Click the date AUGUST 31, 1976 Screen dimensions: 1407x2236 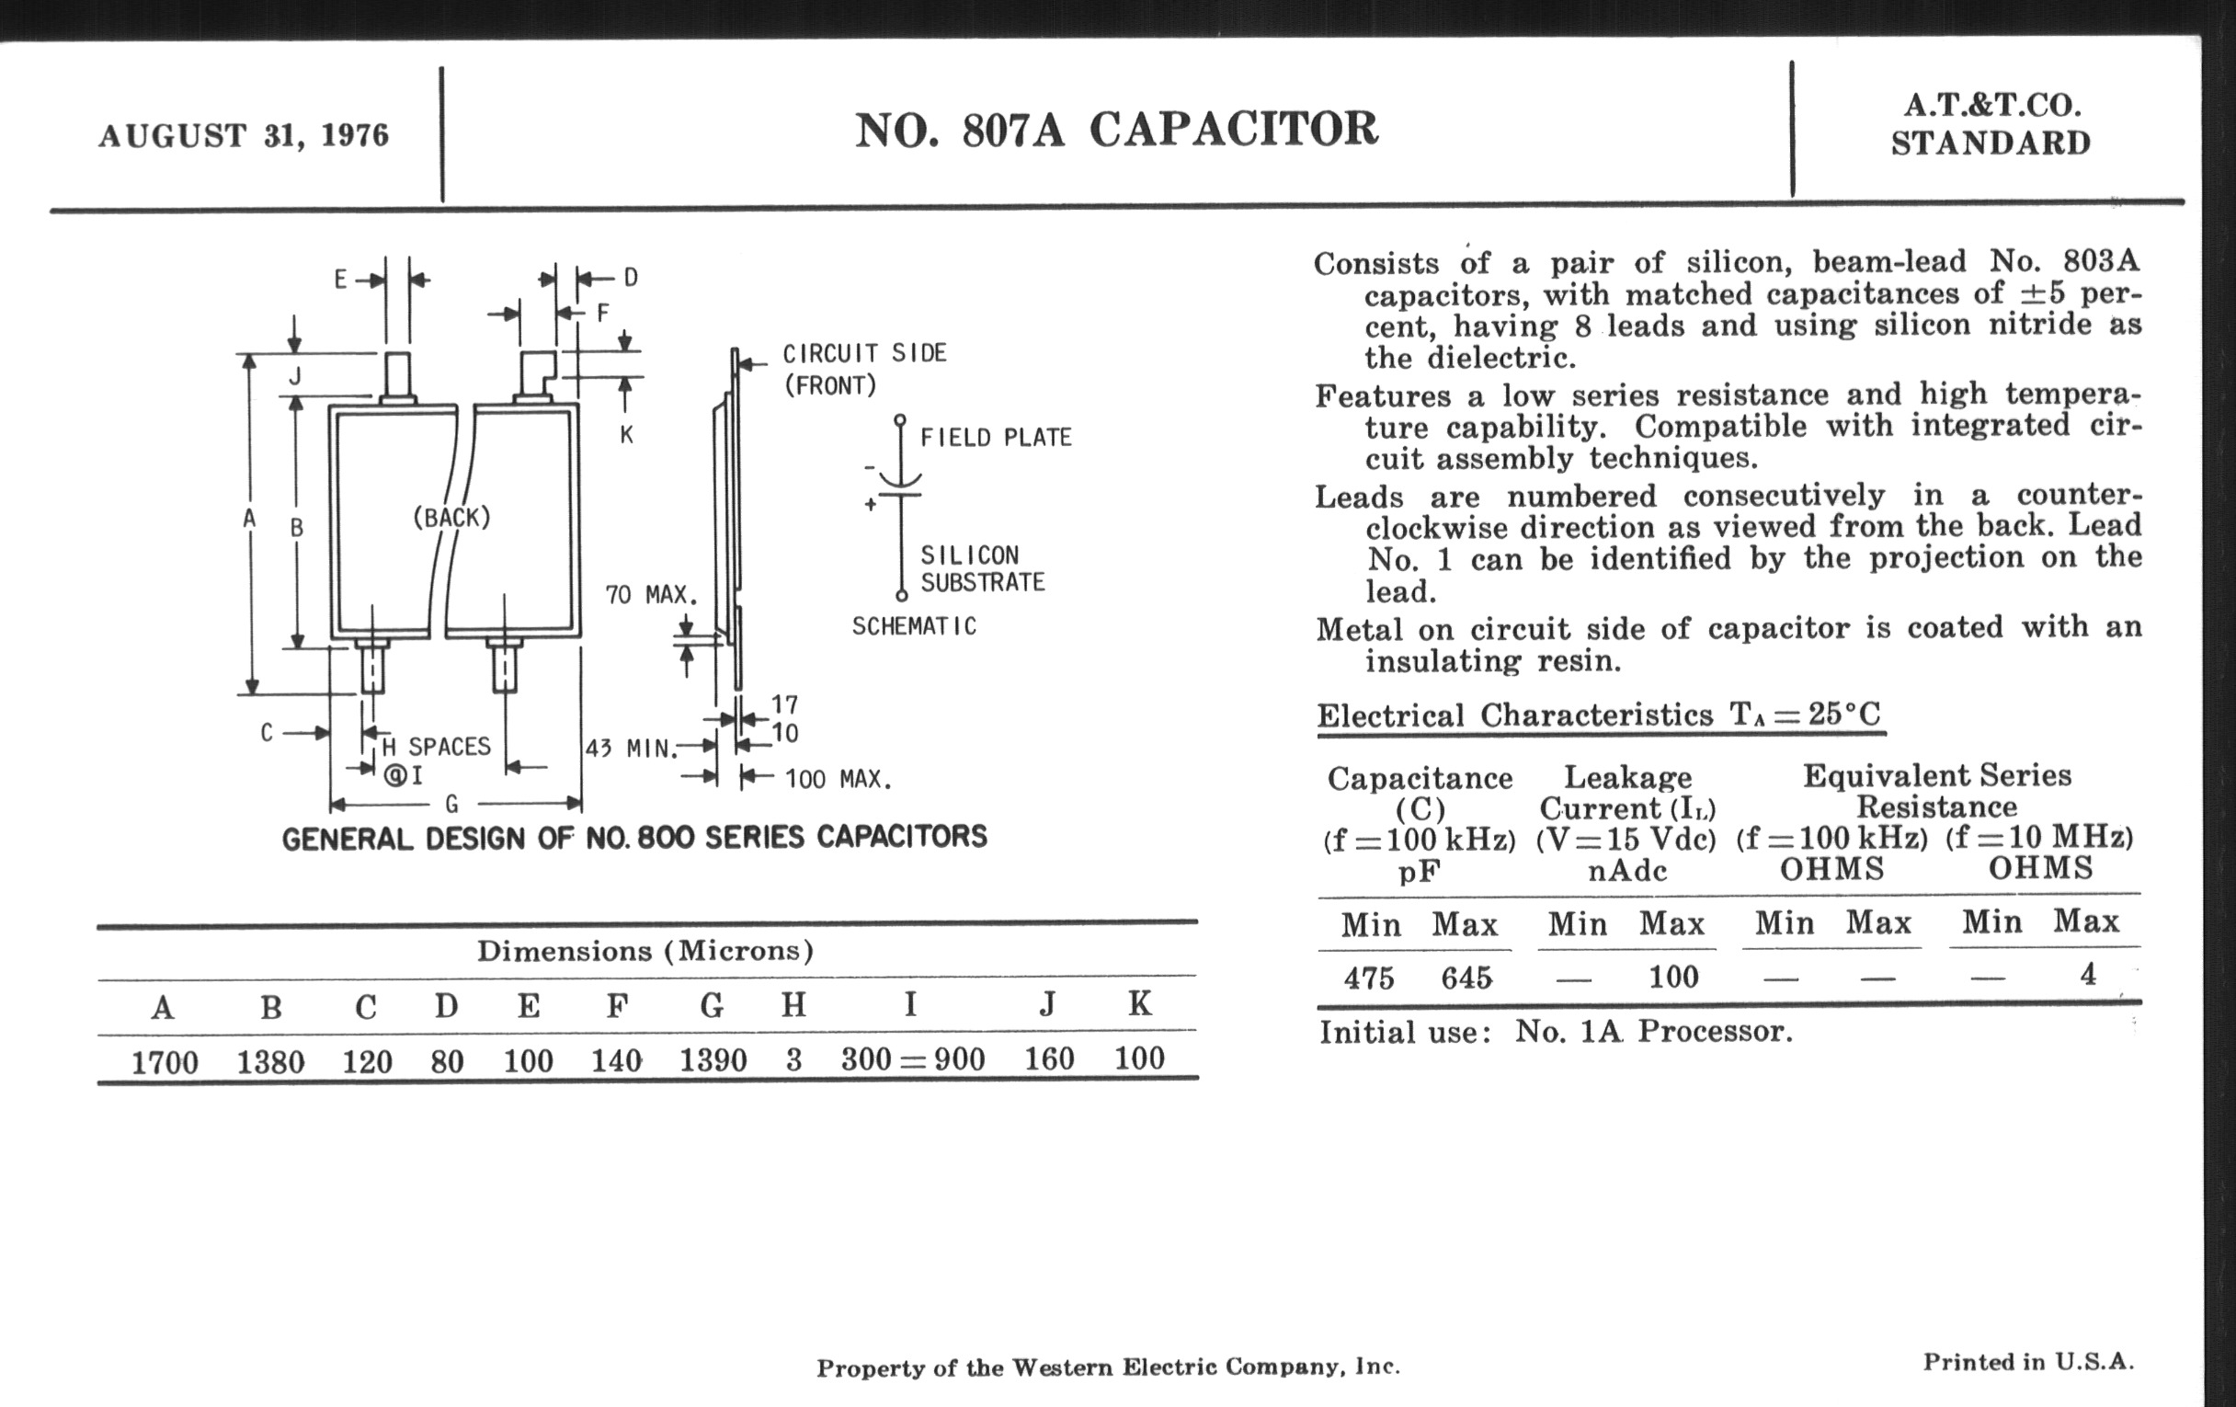point(244,135)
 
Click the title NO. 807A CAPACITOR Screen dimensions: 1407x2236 point(1115,130)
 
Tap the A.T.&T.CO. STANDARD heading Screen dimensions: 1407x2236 point(1990,124)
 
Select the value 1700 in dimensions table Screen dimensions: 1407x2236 point(165,1061)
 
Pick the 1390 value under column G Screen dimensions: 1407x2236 point(713,1059)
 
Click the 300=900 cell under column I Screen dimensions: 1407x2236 point(912,1058)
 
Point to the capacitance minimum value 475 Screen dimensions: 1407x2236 point(1369,978)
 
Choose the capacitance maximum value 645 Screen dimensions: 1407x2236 point(1466,978)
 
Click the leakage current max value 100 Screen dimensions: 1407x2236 point(1673,977)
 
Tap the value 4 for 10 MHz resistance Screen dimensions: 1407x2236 point(2087,974)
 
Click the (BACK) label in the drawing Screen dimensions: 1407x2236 point(451,518)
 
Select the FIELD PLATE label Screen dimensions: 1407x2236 point(996,438)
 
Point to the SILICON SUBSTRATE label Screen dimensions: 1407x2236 point(982,568)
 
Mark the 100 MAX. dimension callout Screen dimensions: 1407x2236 point(838,779)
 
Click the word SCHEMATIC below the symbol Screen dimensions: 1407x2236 point(914,626)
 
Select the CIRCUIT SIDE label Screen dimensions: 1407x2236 point(863,353)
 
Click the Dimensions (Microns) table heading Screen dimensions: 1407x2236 point(645,951)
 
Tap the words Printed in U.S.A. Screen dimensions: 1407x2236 point(2028,1363)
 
